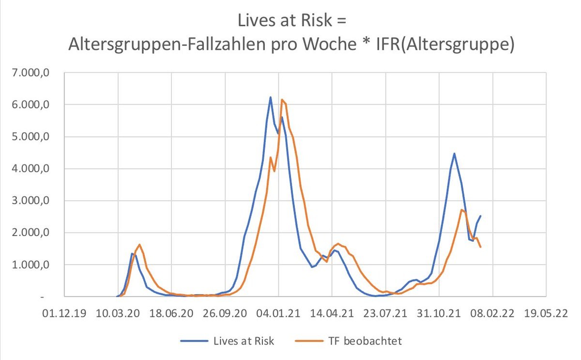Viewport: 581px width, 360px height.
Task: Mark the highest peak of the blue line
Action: coord(271,97)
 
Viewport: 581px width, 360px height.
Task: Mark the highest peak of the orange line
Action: coord(282,100)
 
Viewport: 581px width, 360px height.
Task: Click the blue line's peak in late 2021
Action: coord(454,154)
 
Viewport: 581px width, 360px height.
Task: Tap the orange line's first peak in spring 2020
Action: coord(139,245)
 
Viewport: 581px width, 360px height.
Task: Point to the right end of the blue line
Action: coord(480,216)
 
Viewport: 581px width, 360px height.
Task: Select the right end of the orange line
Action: coord(480,247)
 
